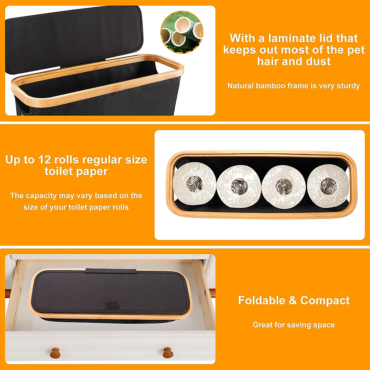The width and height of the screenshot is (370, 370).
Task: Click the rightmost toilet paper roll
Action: pyautogui.click(x=328, y=186)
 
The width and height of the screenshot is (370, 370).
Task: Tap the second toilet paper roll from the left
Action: pyautogui.click(x=239, y=186)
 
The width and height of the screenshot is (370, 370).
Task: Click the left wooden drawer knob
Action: pyautogui.click(x=55, y=352)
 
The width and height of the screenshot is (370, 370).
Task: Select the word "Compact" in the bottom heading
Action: pyautogui.click(x=325, y=300)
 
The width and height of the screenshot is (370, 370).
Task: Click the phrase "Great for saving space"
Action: pyautogui.click(x=294, y=325)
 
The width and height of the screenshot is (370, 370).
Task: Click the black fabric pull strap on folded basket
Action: pyautogui.click(x=111, y=271)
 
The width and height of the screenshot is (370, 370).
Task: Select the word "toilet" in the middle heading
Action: pyautogui.click(x=60, y=171)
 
